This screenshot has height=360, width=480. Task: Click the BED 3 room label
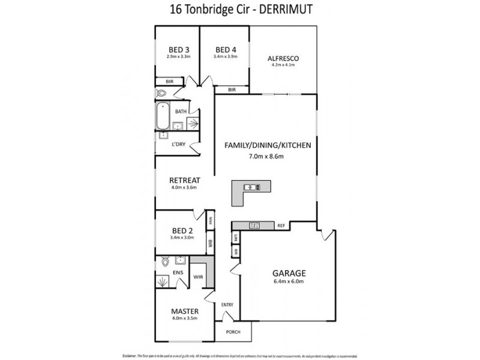[179, 49]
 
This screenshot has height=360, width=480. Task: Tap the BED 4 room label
[225, 49]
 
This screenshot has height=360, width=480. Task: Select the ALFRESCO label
[283, 58]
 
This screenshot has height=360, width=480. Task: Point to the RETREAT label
[184, 180]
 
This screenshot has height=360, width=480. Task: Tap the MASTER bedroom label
[184, 311]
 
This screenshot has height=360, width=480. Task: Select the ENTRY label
[227, 305]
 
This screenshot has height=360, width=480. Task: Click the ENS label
[178, 272]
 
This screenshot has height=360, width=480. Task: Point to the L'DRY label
[178, 145]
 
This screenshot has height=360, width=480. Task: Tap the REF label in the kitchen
[280, 226]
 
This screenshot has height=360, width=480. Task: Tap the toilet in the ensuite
[165, 262]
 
